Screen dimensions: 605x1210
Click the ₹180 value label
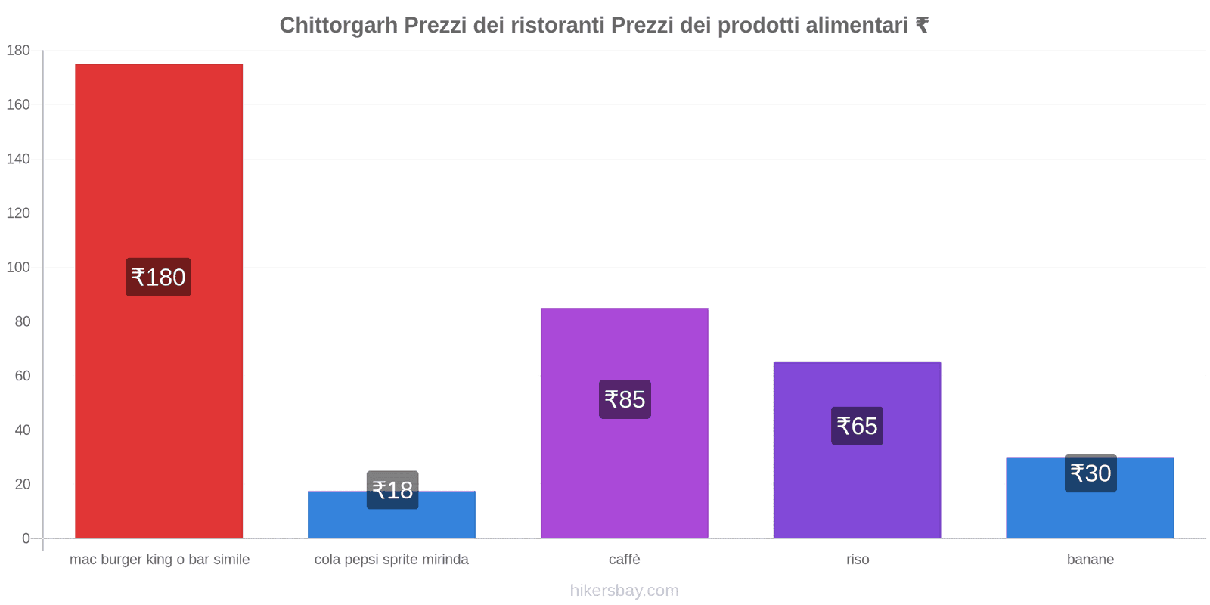158,278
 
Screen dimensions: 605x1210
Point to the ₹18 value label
392,490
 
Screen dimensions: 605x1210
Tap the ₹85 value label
625,399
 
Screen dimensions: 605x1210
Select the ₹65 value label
857,426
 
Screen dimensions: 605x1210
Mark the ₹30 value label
1091,473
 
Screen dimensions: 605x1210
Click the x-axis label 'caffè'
625,560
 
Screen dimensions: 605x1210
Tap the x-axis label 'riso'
858,560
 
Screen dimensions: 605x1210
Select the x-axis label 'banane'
1090,560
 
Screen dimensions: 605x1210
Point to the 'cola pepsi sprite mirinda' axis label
392,560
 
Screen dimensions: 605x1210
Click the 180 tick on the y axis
18,51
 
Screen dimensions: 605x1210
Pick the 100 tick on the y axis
18,268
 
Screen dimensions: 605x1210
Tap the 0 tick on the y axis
26,538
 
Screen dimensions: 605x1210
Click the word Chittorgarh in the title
338,26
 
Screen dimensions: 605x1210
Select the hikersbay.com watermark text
625,591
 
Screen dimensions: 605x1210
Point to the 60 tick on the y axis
22,376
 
